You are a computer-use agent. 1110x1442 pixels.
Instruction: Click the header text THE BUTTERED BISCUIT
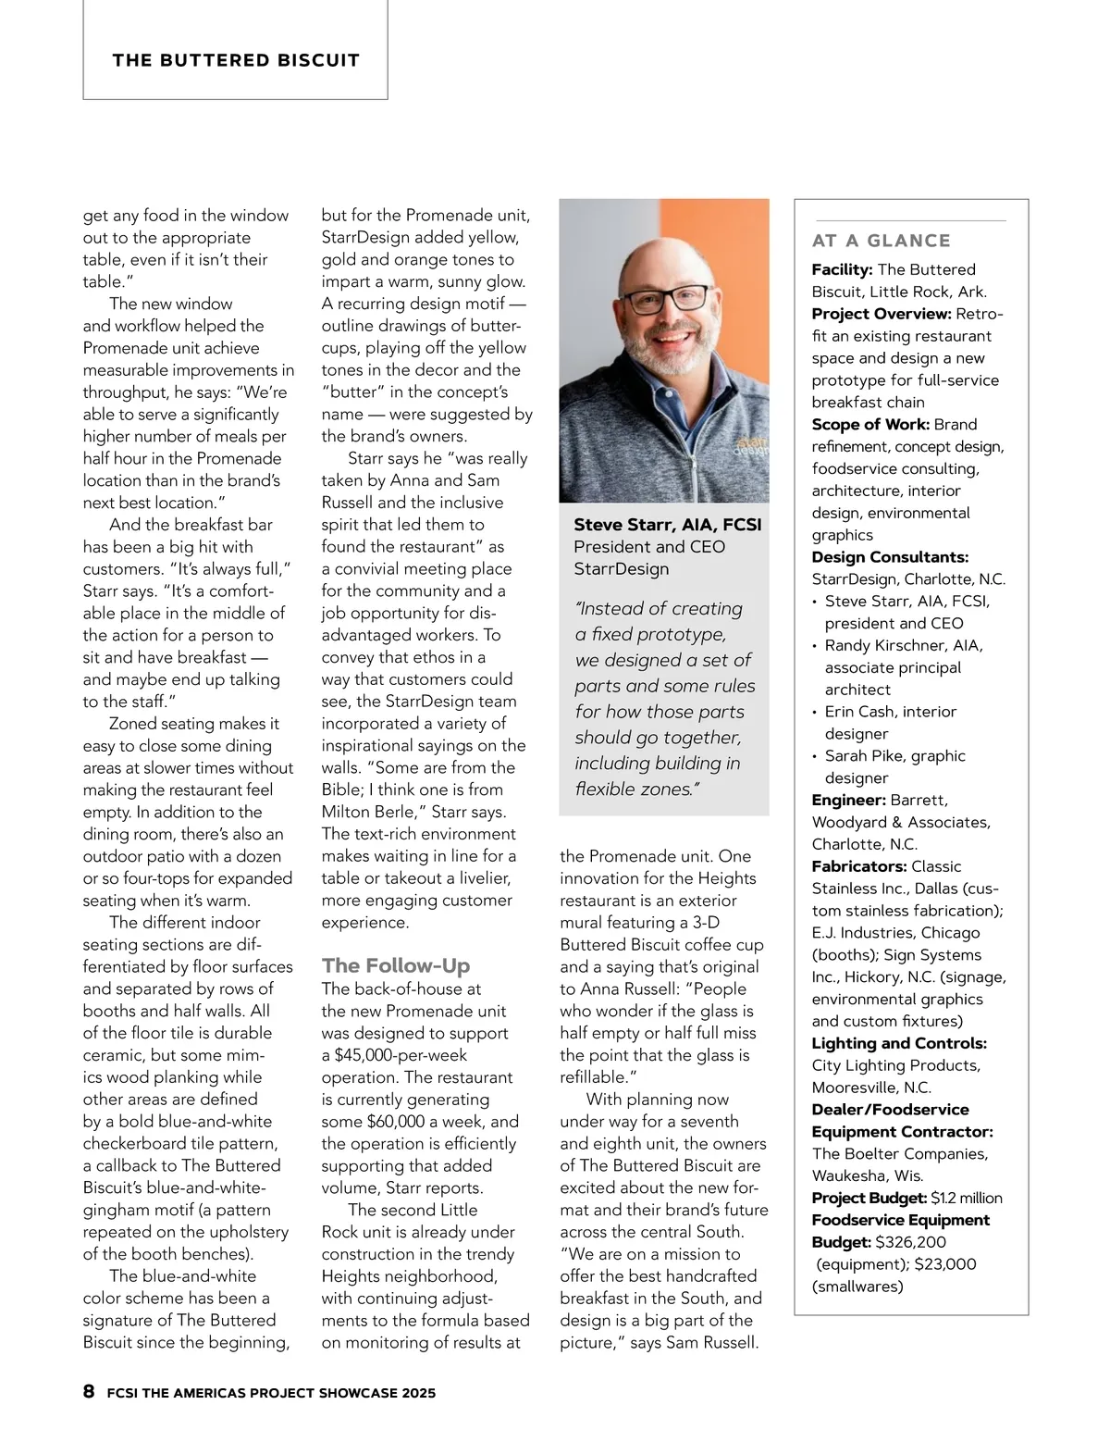click(x=236, y=61)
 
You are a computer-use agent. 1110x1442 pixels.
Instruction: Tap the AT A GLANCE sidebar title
click(x=881, y=241)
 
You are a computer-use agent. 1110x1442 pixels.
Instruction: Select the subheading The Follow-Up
click(x=396, y=965)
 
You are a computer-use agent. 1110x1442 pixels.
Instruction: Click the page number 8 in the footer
click(x=89, y=1391)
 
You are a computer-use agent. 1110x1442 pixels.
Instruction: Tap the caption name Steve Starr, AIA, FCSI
click(x=667, y=525)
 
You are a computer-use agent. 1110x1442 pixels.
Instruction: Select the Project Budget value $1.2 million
click(x=966, y=1198)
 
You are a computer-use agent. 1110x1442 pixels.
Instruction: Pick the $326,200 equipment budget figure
click(x=910, y=1242)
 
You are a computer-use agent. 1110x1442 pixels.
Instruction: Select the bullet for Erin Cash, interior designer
click(x=815, y=713)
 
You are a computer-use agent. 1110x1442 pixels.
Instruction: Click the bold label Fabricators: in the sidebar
click(x=859, y=866)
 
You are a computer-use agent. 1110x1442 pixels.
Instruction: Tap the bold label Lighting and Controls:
click(x=899, y=1043)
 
